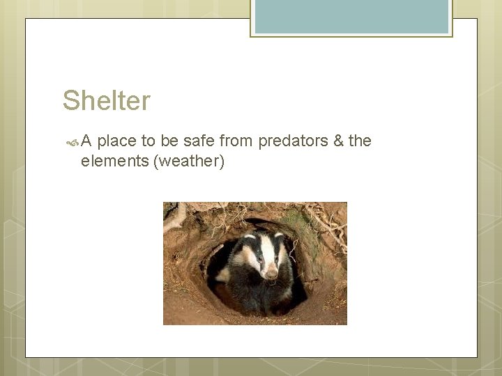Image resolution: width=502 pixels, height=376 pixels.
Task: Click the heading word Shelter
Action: point(106,101)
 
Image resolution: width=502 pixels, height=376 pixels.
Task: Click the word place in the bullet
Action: point(116,141)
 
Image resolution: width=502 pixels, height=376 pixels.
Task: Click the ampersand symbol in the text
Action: point(338,141)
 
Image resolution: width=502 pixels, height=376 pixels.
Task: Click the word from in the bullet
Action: point(236,141)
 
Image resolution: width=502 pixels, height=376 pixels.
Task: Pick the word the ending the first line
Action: point(360,141)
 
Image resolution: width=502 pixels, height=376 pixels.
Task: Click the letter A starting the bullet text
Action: point(86,141)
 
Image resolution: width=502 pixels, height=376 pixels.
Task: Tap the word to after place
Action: point(149,141)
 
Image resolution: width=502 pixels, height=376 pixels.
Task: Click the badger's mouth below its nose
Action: point(272,281)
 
